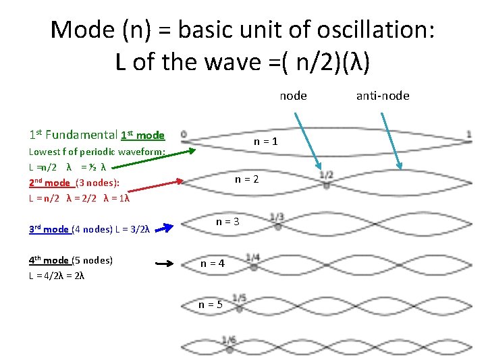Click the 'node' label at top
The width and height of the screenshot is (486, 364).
293,96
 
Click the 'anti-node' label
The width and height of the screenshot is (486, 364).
383,96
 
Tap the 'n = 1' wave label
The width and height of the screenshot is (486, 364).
265,142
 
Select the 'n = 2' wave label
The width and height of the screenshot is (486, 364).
246,179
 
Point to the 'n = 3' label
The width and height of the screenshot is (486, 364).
227,221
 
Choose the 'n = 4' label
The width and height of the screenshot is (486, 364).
213,264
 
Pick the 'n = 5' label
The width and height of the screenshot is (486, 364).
211,305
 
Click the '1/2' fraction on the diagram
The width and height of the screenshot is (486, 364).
326,175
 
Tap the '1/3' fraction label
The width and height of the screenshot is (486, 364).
277,217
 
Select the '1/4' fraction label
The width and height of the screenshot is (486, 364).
253,257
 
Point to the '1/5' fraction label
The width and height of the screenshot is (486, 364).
239,298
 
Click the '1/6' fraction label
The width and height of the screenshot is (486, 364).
230,340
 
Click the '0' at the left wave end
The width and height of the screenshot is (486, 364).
184,134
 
